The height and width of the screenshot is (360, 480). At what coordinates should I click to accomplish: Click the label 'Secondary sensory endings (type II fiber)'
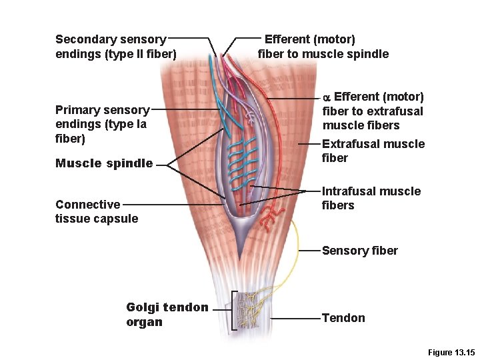[115, 47]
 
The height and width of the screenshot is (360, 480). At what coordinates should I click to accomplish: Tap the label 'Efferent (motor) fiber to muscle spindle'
[323, 47]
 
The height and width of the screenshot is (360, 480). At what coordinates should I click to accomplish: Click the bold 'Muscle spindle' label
[104, 163]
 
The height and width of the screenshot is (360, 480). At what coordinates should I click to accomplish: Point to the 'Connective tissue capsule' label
[97, 211]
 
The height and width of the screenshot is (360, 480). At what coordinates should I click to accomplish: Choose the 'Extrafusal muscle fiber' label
[373, 151]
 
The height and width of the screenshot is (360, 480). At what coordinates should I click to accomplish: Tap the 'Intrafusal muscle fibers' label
[371, 198]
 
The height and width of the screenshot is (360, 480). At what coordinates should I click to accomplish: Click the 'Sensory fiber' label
[359, 251]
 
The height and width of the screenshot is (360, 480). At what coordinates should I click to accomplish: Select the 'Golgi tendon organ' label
[167, 314]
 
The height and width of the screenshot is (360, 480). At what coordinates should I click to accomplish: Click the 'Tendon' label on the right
[343, 318]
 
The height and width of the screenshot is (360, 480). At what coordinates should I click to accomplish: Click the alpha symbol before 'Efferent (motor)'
[327, 97]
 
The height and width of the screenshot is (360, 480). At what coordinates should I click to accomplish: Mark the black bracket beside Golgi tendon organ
[233, 310]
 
